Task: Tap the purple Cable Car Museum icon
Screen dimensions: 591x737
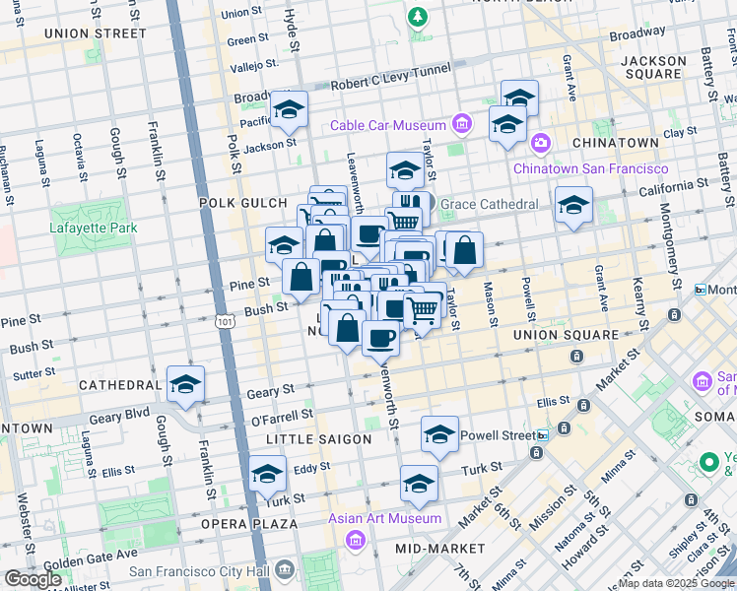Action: [x=460, y=124]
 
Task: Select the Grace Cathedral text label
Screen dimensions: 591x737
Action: [x=489, y=204]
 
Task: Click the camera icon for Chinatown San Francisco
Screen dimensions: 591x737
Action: [x=540, y=145]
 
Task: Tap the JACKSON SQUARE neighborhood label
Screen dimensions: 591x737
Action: [x=653, y=67]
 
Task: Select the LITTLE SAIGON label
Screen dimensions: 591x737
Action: [x=325, y=439]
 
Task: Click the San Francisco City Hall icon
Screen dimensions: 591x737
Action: [x=285, y=570]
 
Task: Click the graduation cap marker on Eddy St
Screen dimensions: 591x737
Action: [x=267, y=474]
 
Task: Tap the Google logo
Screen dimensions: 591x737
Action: [x=33, y=579]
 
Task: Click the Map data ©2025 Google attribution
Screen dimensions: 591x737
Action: [x=676, y=583]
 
